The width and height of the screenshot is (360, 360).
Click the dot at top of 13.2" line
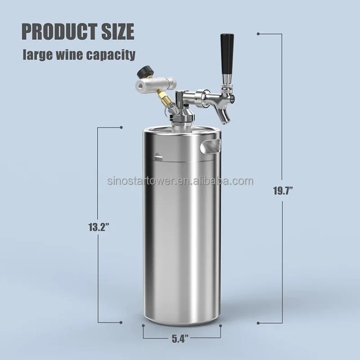coord(122,128)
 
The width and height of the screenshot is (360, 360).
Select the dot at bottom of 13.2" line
coord(122,322)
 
